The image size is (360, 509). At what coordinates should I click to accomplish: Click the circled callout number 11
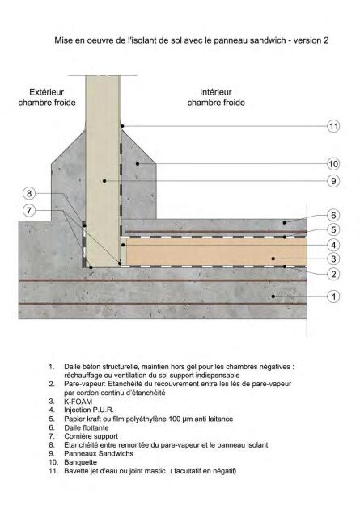(x=333, y=126)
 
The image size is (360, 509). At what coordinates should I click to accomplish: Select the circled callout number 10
(x=333, y=164)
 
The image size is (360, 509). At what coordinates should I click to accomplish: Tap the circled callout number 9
(x=333, y=181)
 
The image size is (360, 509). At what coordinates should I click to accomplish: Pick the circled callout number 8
(x=29, y=194)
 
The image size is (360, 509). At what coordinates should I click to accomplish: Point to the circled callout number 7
(x=29, y=211)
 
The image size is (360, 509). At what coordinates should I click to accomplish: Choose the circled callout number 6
(x=333, y=215)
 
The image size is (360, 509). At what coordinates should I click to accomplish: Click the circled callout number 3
(x=333, y=259)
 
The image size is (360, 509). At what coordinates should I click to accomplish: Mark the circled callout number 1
(x=333, y=297)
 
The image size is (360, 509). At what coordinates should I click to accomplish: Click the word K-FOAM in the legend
(x=78, y=402)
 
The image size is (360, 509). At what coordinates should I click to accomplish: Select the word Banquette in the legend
(x=80, y=462)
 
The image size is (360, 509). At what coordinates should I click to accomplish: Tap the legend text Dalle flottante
(x=86, y=427)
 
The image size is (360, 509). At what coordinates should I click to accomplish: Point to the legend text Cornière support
(x=91, y=436)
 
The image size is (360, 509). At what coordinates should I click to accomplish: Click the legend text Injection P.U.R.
(x=89, y=410)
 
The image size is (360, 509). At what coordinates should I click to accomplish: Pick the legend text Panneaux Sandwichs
(x=99, y=453)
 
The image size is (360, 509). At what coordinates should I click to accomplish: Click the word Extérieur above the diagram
(x=46, y=92)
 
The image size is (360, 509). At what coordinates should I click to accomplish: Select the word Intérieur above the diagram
(x=216, y=92)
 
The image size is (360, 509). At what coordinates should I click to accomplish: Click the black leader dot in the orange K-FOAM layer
(x=273, y=259)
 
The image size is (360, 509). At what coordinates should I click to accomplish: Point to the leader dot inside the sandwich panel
(x=104, y=181)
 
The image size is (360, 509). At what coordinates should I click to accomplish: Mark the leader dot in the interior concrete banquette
(x=138, y=163)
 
